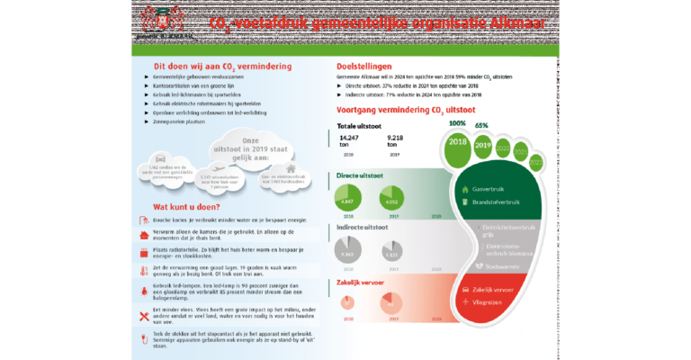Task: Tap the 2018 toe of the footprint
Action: pos(457,140)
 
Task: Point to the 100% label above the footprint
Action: pos(457,123)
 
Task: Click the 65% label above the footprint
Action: pos(481,126)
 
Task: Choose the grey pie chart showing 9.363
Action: pos(347,255)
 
